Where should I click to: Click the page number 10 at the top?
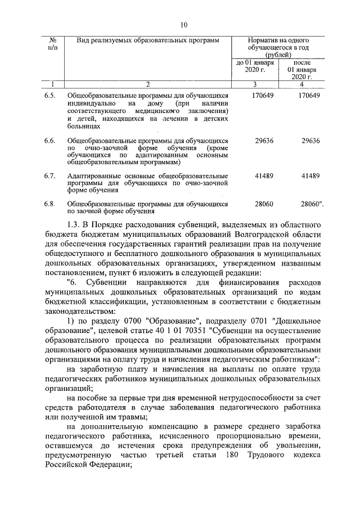[x=183, y=24]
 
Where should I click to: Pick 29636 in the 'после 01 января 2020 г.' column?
[x=310, y=139]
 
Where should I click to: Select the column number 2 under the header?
[x=147, y=84]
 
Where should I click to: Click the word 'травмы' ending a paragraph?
[x=132, y=417]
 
